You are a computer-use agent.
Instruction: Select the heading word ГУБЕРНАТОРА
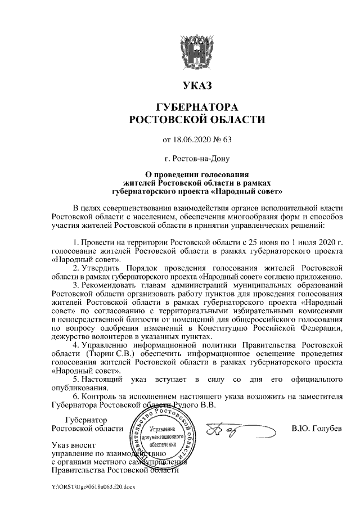[x=196, y=107]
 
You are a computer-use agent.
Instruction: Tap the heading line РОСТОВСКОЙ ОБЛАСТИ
[x=196, y=119]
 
